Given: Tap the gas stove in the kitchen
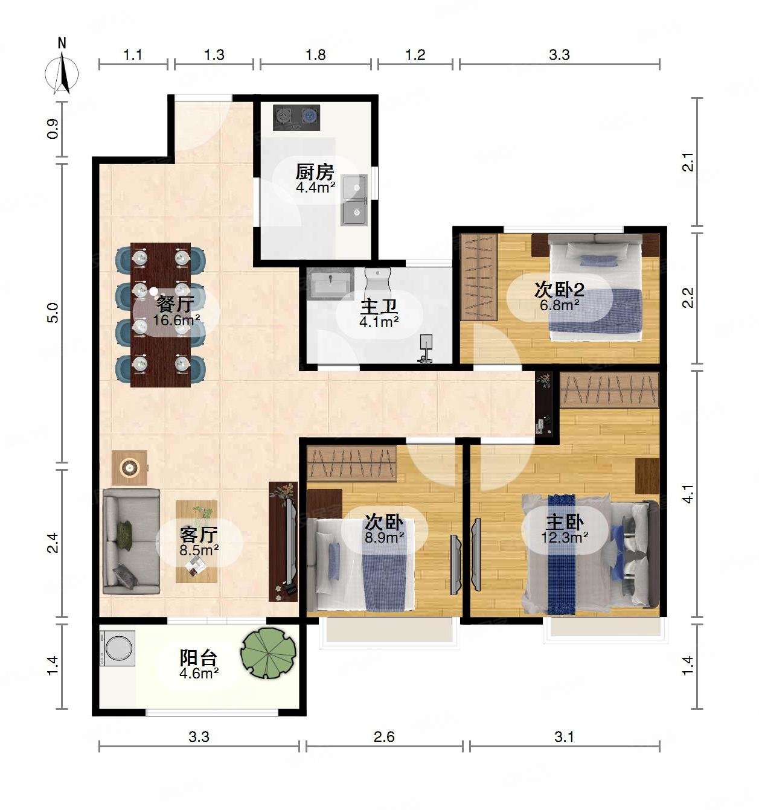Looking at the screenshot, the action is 296,118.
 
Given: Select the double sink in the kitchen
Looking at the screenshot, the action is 354,200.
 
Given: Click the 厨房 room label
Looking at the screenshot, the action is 315,172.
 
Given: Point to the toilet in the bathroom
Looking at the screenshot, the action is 378,285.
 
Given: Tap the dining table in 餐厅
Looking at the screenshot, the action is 161,315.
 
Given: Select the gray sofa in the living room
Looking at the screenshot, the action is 130,541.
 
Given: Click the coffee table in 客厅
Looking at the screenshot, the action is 196,541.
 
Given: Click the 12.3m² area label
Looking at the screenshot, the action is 565,537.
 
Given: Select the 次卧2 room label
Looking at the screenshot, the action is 559,290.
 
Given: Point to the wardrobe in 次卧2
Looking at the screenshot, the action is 479,277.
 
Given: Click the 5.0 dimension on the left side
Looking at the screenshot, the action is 53,313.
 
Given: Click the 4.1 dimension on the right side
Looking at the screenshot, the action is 687,494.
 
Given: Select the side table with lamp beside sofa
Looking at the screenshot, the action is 130,467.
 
